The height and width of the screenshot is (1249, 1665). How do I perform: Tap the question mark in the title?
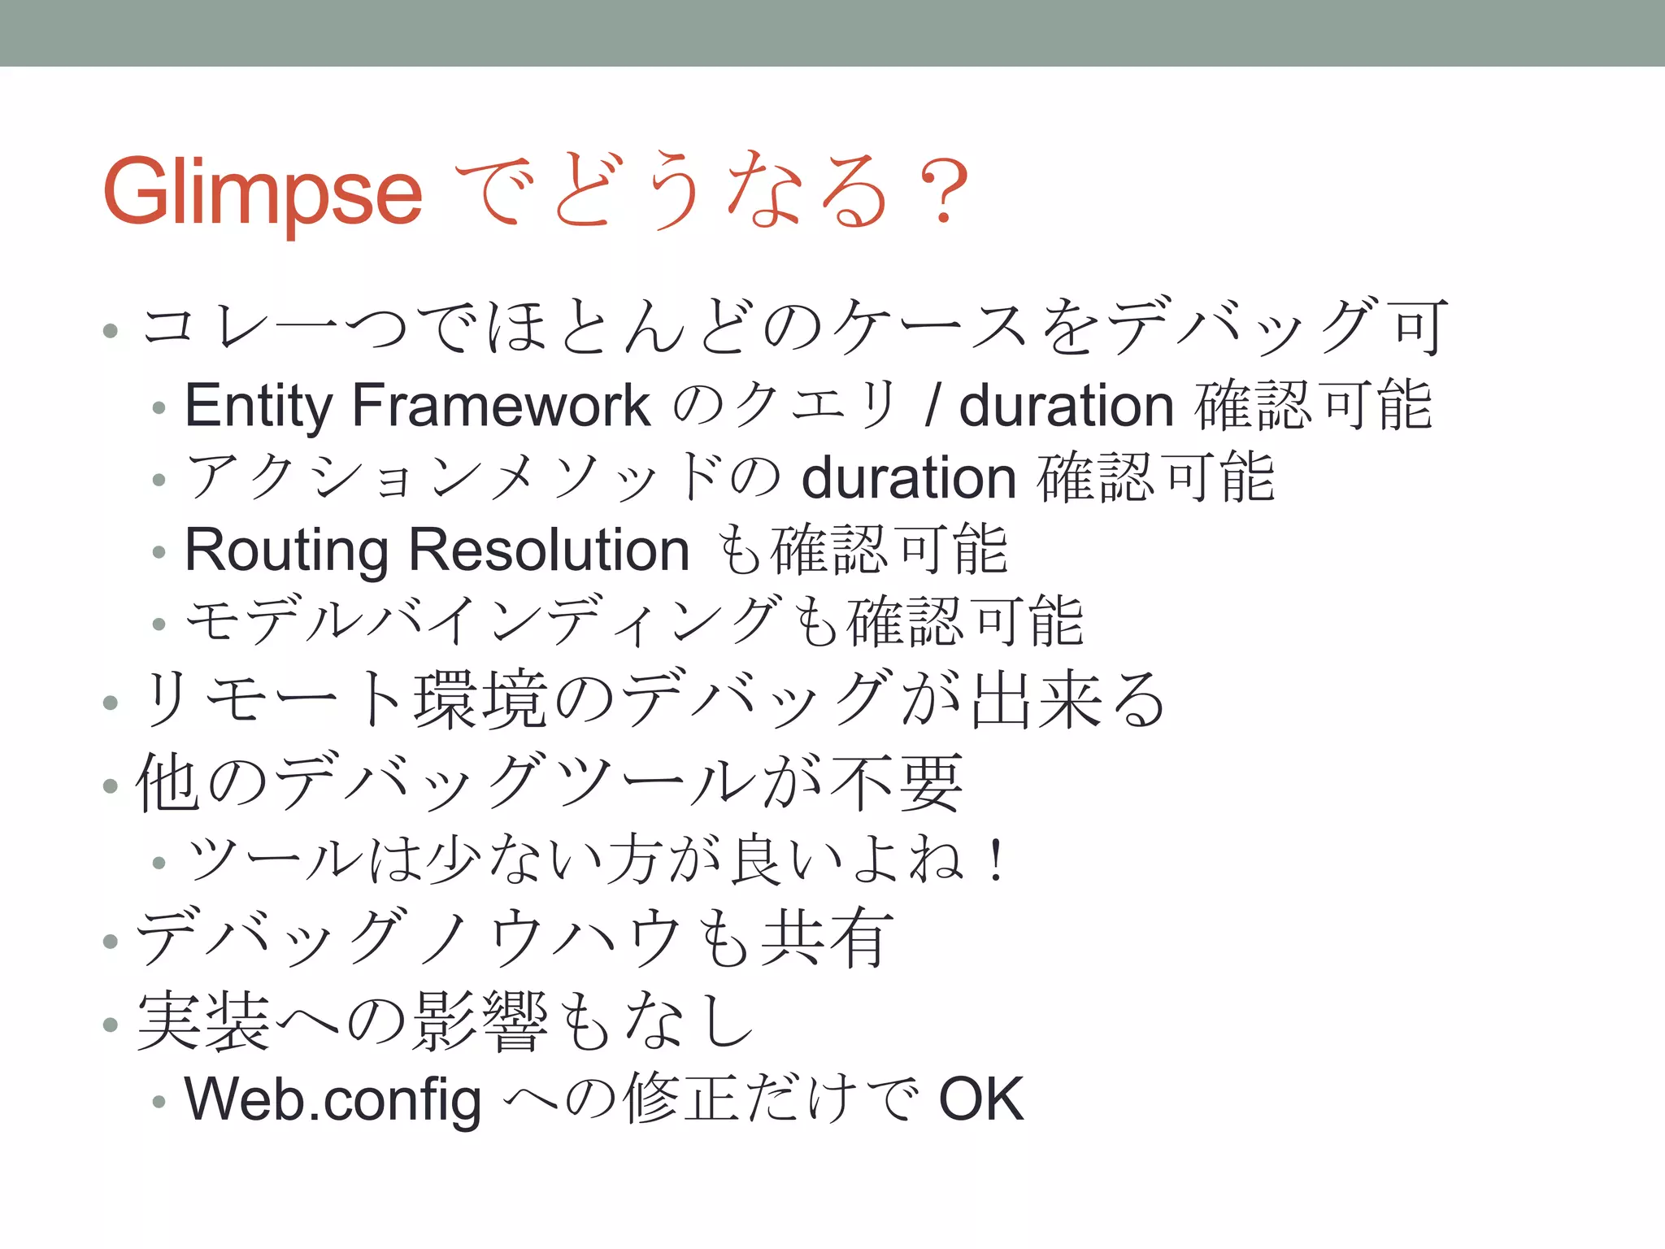click(x=943, y=192)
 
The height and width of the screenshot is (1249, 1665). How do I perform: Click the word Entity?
click(x=258, y=406)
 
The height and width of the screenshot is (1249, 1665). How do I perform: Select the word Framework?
click(x=501, y=406)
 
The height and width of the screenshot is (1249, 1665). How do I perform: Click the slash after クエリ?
click(x=932, y=406)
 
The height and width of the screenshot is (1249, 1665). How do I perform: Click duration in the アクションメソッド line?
click(x=909, y=478)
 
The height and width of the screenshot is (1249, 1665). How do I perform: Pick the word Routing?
click(x=287, y=551)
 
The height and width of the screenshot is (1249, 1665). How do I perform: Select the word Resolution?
click(x=549, y=551)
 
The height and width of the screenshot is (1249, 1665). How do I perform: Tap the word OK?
click(x=980, y=1099)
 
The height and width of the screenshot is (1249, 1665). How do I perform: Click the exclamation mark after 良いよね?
click(x=995, y=860)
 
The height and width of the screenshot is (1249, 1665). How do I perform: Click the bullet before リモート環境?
click(x=111, y=703)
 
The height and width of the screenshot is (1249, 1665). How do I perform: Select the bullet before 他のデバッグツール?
click(x=111, y=786)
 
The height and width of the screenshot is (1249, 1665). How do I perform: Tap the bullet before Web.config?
click(x=159, y=1102)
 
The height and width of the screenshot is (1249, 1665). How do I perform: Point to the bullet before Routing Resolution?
click(x=159, y=552)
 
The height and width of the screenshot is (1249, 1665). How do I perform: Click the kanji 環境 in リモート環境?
click(x=480, y=700)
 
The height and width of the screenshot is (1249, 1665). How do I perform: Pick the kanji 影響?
click(x=480, y=1021)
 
